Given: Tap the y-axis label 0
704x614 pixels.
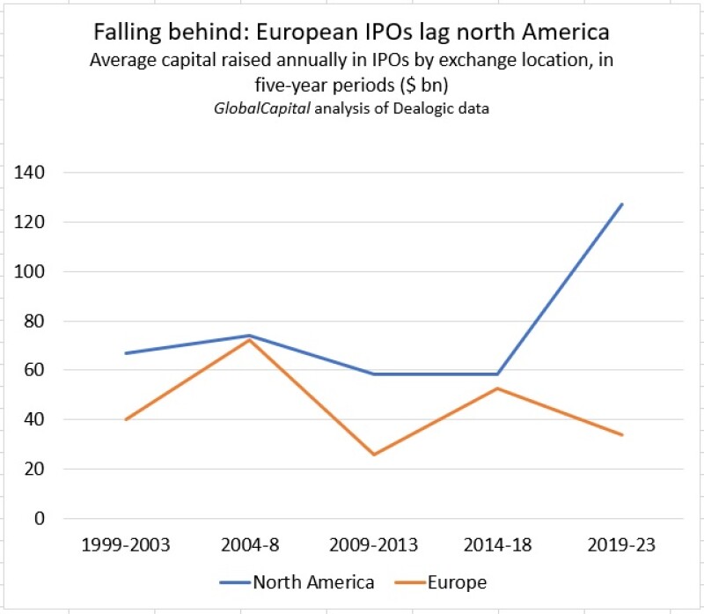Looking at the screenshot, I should click(39, 518).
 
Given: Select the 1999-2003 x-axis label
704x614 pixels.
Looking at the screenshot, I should click(126, 544).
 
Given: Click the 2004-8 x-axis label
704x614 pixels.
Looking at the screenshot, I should click(250, 544).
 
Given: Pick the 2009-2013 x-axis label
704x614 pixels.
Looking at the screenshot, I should click(374, 544).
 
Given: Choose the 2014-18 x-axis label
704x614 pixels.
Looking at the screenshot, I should click(498, 544).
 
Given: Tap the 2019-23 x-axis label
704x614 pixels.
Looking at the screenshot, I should click(621, 544).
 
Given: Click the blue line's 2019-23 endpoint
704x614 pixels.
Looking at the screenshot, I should click(621, 204).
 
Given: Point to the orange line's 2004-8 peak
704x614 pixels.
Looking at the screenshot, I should click(250, 340).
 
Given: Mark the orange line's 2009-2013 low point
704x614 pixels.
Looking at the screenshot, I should click(374, 455).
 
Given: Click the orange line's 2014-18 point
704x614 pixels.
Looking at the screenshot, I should click(498, 388).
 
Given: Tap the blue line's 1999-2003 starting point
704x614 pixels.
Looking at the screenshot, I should click(126, 353).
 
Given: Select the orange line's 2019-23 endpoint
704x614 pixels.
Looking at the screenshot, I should click(621, 435).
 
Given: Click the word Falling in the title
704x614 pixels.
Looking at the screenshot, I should click(122, 33).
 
